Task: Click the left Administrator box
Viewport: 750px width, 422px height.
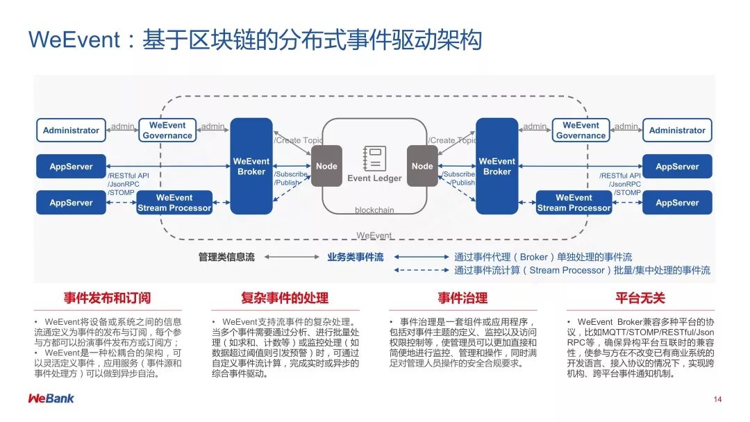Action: (71, 130)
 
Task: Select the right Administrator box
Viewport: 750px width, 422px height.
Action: (677, 130)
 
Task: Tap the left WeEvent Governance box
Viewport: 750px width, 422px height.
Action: (167, 130)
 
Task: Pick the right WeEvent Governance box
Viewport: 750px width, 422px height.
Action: (581, 130)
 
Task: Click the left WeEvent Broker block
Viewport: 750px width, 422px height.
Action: (251, 167)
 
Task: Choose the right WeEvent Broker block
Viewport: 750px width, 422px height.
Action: (497, 167)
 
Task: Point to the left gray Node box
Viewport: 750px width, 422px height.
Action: (326, 167)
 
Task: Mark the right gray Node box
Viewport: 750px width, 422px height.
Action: (422, 167)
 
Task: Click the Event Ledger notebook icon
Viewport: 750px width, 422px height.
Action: (374, 158)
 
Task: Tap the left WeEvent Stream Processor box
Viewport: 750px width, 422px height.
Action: (174, 203)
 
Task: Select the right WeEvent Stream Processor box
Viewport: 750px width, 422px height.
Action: (574, 203)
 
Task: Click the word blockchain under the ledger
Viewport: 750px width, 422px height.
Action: (374, 210)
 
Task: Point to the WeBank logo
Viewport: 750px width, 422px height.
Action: (51, 398)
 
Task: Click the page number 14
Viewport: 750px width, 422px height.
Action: (717, 399)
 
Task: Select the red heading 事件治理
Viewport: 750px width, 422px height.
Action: (462, 298)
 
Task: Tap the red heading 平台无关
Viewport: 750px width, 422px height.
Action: (640, 298)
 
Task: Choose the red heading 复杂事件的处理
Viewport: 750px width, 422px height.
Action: (285, 298)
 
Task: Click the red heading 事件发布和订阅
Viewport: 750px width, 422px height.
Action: (107, 298)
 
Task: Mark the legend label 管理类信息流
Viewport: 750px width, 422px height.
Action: (226, 258)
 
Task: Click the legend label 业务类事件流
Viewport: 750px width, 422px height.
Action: (356, 258)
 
